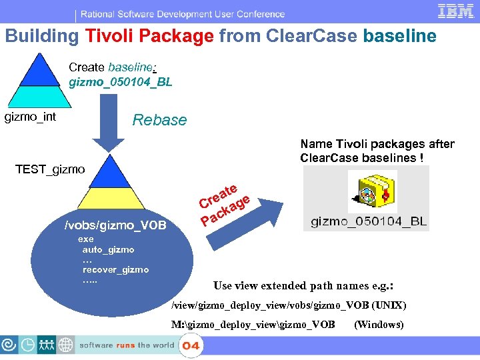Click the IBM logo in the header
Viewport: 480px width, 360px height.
(x=455, y=12)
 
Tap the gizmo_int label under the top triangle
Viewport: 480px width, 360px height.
(x=31, y=117)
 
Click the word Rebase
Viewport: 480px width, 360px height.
(x=159, y=120)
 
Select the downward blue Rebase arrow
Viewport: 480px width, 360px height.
(x=107, y=123)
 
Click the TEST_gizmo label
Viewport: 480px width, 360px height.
(x=50, y=169)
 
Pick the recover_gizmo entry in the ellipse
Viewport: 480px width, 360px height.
(x=115, y=269)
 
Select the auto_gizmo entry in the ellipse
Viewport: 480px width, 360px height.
(x=108, y=249)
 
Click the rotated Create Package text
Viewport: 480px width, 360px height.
(x=224, y=204)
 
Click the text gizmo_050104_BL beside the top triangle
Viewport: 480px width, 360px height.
(x=121, y=82)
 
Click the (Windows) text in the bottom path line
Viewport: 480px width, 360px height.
(x=379, y=325)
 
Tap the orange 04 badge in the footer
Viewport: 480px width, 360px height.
(x=191, y=346)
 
